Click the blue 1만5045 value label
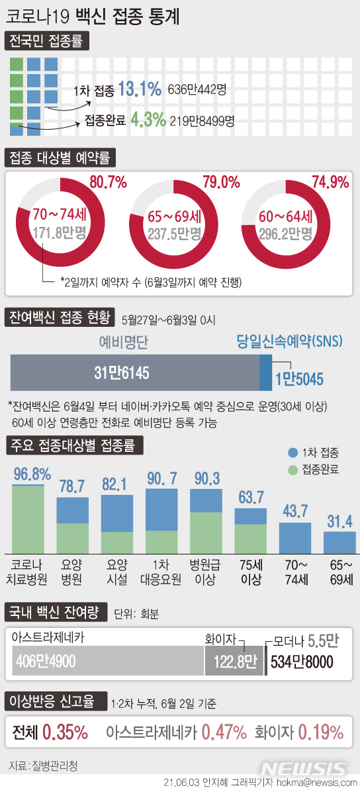point(299,379)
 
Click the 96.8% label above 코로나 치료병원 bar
point(32,474)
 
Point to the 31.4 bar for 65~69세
point(339,542)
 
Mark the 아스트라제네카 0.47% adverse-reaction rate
point(224,732)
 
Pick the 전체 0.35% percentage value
point(65,732)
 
